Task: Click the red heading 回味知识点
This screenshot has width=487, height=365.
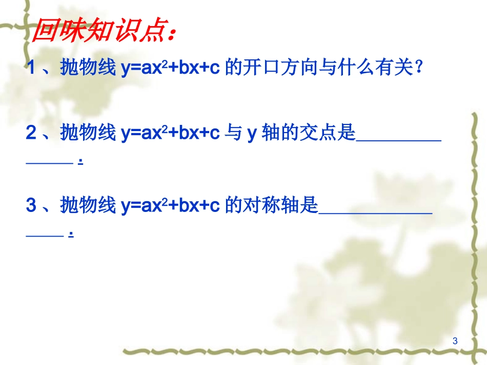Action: coord(97,32)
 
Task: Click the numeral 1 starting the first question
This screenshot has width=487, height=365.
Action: coord(31,68)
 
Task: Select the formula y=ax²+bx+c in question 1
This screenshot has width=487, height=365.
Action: coord(171,68)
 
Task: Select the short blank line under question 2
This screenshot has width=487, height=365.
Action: coord(49,162)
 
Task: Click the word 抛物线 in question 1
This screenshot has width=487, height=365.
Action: coord(88,68)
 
